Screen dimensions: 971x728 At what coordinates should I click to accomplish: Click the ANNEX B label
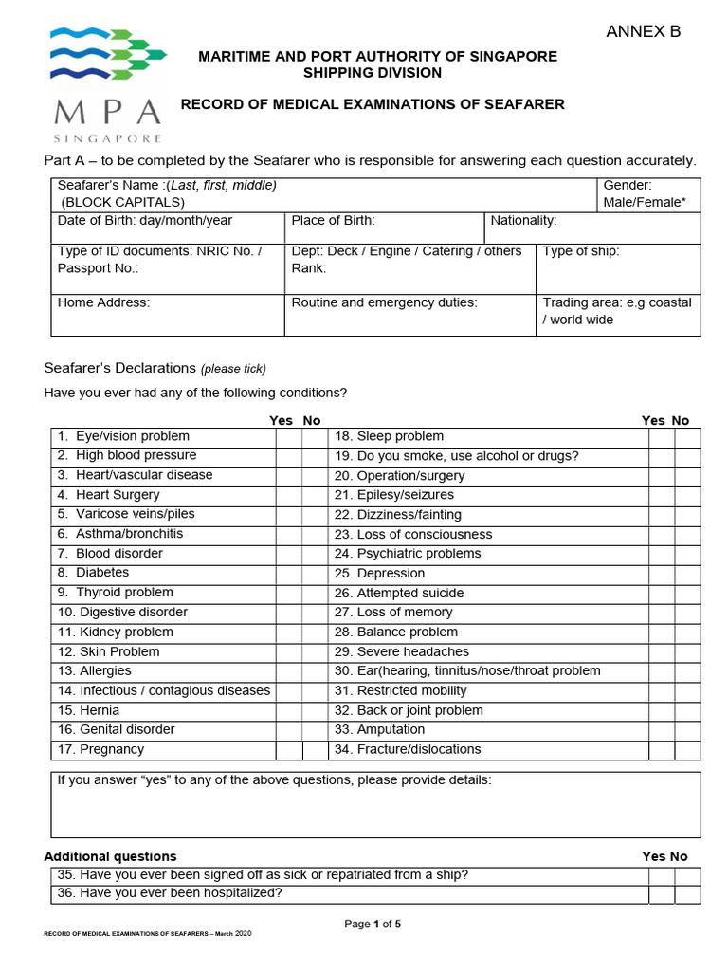tap(643, 32)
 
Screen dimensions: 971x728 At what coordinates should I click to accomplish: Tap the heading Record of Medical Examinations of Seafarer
tap(373, 104)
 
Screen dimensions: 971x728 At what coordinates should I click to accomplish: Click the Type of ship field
tap(618, 267)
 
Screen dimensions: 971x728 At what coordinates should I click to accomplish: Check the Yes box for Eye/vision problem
tap(288, 437)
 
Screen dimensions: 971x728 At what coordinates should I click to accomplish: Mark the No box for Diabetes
tap(315, 574)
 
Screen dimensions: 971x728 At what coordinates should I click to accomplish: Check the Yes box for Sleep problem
tap(661, 437)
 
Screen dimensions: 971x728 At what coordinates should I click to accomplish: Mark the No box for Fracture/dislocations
tap(687, 750)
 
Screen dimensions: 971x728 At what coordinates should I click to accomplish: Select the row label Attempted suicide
tap(398, 594)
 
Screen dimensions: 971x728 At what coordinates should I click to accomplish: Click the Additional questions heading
tap(110, 856)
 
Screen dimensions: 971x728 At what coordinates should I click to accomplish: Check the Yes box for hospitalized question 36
tap(661, 894)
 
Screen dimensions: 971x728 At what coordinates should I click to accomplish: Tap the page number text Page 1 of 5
tap(373, 925)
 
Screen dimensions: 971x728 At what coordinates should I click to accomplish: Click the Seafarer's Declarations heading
tap(119, 368)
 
